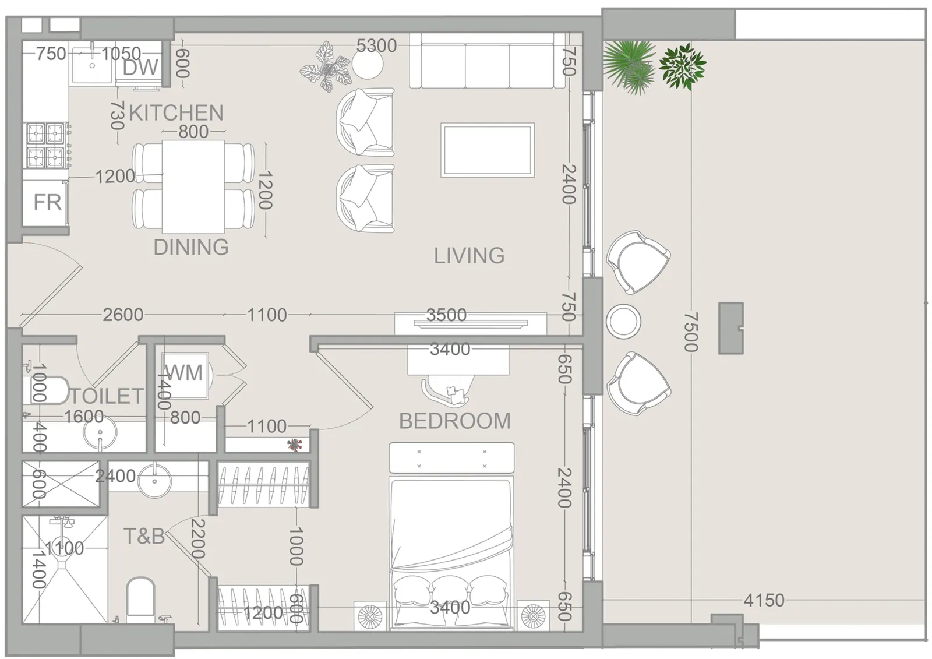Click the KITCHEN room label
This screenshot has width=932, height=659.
pyautogui.click(x=176, y=113)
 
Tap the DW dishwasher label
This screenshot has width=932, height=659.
pyautogui.click(x=140, y=68)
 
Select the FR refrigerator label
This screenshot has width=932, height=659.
pyautogui.click(x=47, y=202)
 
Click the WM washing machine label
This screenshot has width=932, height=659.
pyautogui.click(x=183, y=372)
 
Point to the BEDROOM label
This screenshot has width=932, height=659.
pyautogui.click(x=455, y=421)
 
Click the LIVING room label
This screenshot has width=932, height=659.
pyautogui.click(x=469, y=255)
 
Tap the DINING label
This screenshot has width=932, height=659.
pyautogui.click(x=191, y=247)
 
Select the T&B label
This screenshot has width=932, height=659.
pyautogui.click(x=144, y=536)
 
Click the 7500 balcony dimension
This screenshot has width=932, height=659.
pyautogui.click(x=691, y=332)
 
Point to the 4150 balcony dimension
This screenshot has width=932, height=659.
pyautogui.click(x=764, y=600)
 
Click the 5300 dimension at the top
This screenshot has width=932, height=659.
pyautogui.click(x=376, y=46)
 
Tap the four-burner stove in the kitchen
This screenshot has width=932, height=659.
pyautogui.click(x=47, y=145)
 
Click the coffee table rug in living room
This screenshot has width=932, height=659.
pyautogui.click(x=488, y=150)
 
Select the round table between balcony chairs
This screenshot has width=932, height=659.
pyautogui.click(x=623, y=322)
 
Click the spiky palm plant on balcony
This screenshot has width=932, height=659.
pyautogui.click(x=629, y=66)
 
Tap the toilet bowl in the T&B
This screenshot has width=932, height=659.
pyautogui.click(x=140, y=597)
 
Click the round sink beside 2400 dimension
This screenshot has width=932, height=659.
pyautogui.click(x=154, y=481)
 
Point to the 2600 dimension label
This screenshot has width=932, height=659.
pyautogui.click(x=123, y=315)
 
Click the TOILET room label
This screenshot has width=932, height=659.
pyautogui.click(x=107, y=396)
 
